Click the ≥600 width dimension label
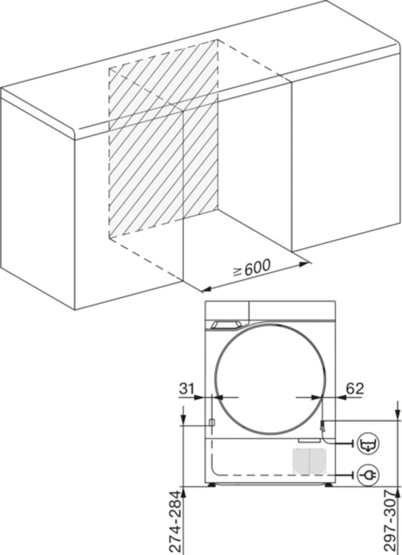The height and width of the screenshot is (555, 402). pos(252,268)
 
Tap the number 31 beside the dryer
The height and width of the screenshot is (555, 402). pos(186,389)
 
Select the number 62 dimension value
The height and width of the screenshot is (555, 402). pos(355,389)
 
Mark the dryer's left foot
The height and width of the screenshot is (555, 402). pos(212,484)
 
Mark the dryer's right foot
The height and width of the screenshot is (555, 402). pos(328,484)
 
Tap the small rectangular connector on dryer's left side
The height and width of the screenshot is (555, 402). pos(212,422)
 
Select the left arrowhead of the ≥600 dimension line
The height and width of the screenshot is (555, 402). pos(207,289)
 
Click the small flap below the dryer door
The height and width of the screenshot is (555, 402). pos(309,441)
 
